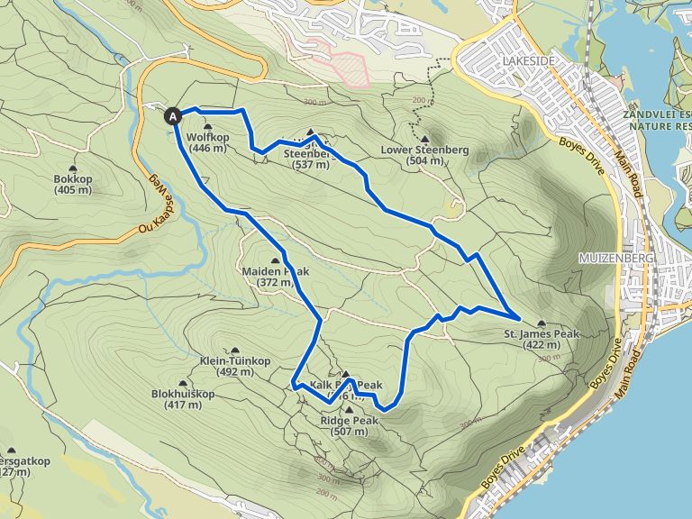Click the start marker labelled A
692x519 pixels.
point(173,114)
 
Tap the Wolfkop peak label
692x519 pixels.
point(207,142)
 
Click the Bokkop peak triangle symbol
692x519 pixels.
point(73,168)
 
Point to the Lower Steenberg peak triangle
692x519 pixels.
point(424,140)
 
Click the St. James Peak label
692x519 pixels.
point(541,339)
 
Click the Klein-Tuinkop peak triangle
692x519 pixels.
point(235,351)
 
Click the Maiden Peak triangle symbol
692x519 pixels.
point(275,260)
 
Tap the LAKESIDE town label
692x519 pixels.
point(522,60)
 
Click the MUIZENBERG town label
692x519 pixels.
point(613,259)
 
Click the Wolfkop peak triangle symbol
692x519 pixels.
point(207,127)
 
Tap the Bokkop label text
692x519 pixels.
point(73,184)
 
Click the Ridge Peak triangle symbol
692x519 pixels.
point(349,410)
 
